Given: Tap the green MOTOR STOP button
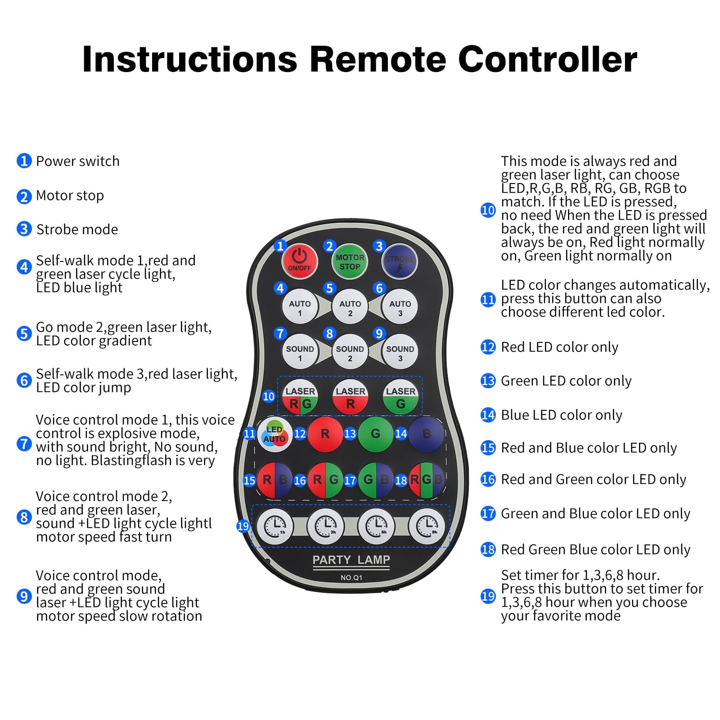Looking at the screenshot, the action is click(x=350, y=262).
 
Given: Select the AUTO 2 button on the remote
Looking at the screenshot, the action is click(x=350, y=308).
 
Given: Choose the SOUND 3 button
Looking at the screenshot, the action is click(x=400, y=353).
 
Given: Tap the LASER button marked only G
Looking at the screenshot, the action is click(x=400, y=397).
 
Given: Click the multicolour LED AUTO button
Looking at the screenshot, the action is click(x=274, y=434).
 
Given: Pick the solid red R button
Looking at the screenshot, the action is click(x=325, y=434).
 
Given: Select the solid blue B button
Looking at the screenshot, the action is click(x=426, y=434).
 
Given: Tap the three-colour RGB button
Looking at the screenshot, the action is click(x=426, y=480).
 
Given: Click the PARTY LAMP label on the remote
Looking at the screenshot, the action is click(x=351, y=560).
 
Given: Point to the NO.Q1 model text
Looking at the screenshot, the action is click(x=351, y=577).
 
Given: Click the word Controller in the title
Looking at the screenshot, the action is click(x=548, y=59).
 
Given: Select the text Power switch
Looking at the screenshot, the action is click(x=78, y=161).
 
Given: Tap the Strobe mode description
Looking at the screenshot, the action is click(x=77, y=229).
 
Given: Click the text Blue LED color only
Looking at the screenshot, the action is click(x=562, y=415).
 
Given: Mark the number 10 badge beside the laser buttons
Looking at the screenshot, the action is click(x=269, y=396).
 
